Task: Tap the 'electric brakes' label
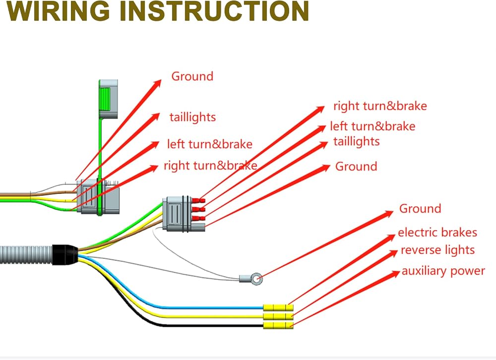(x=437, y=233)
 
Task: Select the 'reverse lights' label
(x=437, y=250)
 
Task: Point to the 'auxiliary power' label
(x=443, y=271)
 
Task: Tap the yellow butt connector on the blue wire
(x=278, y=307)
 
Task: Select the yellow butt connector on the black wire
(x=278, y=325)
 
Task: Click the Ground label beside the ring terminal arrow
(x=420, y=209)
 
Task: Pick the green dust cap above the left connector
(x=108, y=99)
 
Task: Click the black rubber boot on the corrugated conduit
(x=65, y=254)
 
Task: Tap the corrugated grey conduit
(x=26, y=254)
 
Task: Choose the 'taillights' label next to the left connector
(x=192, y=118)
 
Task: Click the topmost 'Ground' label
(x=192, y=76)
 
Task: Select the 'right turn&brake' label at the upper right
(x=380, y=106)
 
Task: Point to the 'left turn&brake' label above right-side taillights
(x=372, y=126)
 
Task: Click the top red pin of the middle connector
(x=199, y=200)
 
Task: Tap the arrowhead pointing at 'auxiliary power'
(x=395, y=274)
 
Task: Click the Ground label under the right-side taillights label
(x=356, y=167)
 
